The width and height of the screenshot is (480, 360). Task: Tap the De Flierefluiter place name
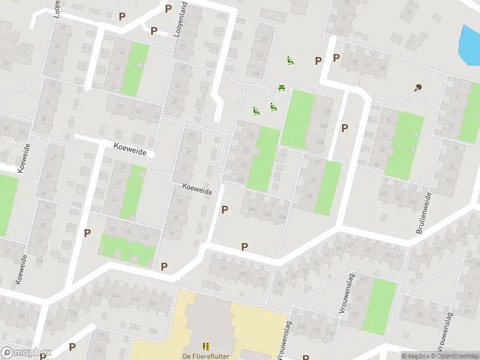206,356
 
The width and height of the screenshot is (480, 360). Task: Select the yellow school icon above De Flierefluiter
206,346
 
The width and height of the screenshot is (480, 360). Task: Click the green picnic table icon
281,89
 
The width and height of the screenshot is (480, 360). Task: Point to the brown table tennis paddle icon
418,88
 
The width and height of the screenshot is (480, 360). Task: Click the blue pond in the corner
469,45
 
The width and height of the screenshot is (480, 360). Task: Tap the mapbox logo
26,353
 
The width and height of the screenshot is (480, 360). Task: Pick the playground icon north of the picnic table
290,60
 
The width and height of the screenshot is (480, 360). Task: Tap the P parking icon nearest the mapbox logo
73,346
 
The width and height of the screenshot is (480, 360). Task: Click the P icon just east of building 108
344,128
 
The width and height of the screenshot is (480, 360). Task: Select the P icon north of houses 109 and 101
244,247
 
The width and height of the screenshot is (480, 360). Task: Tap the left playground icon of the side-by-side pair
256,110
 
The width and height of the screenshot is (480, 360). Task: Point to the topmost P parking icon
168,9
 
